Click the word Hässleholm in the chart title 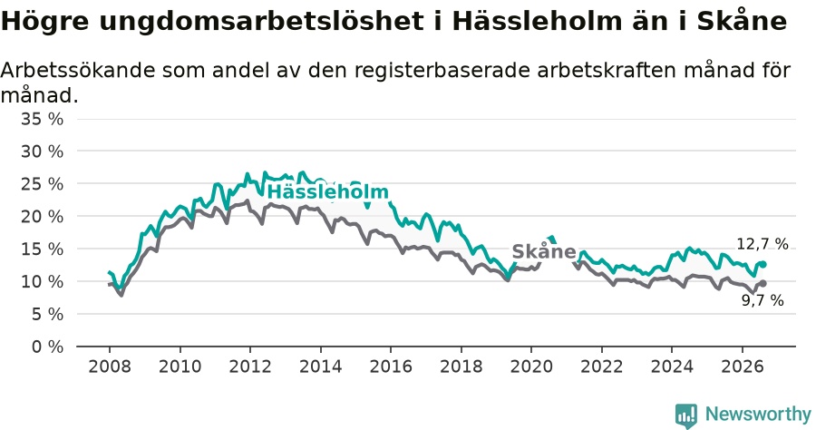pyautogui.click(x=537, y=22)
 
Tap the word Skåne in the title pyautogui.click(x=742, y=20)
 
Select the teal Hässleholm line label pyautogui.click(x=328, y=191)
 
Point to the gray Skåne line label pyautogui.click(x=544, y=251)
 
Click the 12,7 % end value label pyautogui.click(x=763, y=244)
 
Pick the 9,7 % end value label pyautogui.click(x=763, y=300)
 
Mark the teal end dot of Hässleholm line pyautogui.click(x=763, y=265)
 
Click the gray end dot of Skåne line pyautogui.click(x=763, y=284)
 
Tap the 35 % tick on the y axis pyautogui.click(x=42, y=119)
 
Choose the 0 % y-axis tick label pyautogui.click(x=47, y=347)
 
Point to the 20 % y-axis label pyautogui.click(x=42, y=217)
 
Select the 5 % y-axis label pyautogui.click(x=47, y=315)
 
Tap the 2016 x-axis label pyautogui.click(x=390, y=366)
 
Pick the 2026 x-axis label pyautogui.click(x=742, y=366)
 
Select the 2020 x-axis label pyautogui.click(x=530, y=366)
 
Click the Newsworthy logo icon pyautogui.click(x=686, y=415)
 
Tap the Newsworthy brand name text pyautogui.click(x=758, y=415)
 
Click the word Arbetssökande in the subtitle pyautogui.click(x=78, y=70)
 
